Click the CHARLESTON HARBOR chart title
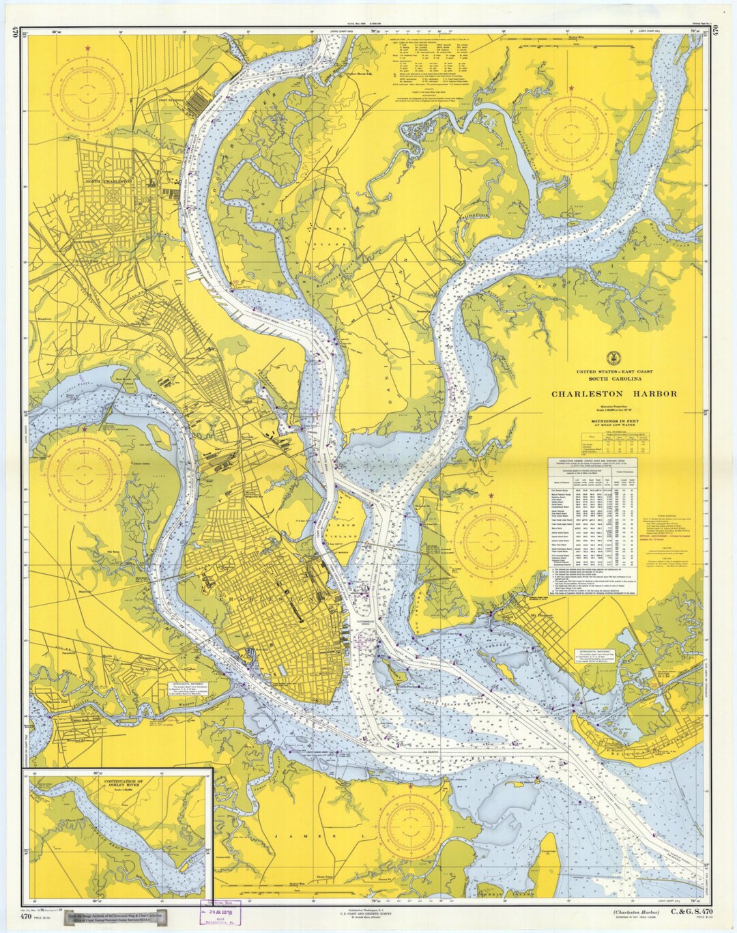pyautogui.click(x=614, y=394)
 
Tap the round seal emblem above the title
pyautogui.click(x=613, y=357)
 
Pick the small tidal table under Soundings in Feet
pyautogui.click(x=614, y=441)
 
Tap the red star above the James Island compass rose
pyautogui.click(x=411, y=786)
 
